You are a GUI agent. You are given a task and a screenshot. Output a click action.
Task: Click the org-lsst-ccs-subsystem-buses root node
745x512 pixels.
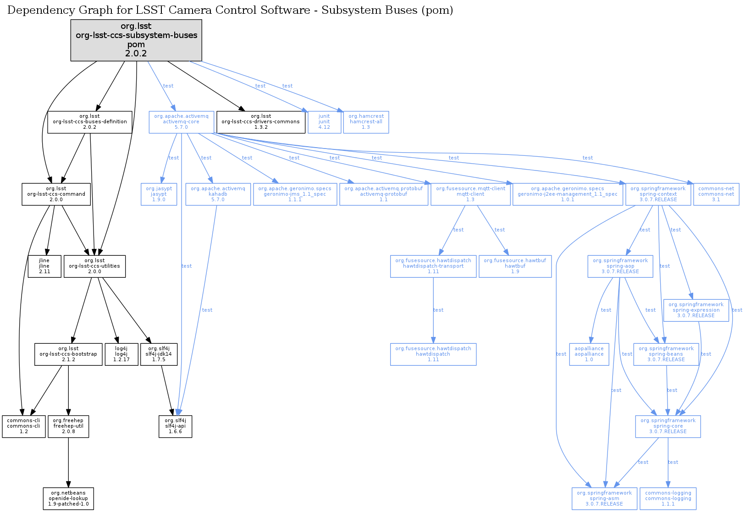(136, 40)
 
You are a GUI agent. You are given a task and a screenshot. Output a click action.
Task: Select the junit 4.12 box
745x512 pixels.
(324, 122)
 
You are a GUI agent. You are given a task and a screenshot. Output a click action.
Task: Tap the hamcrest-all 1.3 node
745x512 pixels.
(366, 122)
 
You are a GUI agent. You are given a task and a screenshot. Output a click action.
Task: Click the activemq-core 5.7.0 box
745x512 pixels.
(181, 122)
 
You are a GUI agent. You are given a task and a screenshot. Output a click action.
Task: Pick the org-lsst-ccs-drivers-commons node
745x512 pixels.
(261, 122)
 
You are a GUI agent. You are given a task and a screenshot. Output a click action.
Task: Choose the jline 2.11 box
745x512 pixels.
(44, 266)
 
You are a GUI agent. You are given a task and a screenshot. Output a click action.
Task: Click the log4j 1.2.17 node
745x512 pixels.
(121, 354)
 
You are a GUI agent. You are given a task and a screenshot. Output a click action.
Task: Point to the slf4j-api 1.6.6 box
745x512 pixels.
(175, 427)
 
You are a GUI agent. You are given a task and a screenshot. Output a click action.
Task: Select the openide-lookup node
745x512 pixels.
(68, 499)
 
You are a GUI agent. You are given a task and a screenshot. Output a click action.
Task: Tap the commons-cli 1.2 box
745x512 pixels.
(24, 427)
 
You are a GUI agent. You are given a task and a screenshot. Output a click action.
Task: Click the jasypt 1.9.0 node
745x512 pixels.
(159, 194)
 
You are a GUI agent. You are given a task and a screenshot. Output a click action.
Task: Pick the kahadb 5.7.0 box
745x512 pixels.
(218, 194)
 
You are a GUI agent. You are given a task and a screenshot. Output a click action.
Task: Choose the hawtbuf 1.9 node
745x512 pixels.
(515, 266)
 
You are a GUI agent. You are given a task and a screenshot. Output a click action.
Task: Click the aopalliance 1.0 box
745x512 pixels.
(589, 354)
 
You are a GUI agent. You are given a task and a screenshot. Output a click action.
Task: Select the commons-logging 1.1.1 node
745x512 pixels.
(668, 499)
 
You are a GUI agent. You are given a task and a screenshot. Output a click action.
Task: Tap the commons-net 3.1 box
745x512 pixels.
(716, 194)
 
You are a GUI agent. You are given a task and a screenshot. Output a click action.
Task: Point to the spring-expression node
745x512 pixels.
(696, 310)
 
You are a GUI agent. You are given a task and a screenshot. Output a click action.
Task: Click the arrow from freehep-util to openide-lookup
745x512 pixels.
(68, 462)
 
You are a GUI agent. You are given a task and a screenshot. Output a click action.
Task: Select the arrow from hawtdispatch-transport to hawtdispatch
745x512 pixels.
(433, 310)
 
